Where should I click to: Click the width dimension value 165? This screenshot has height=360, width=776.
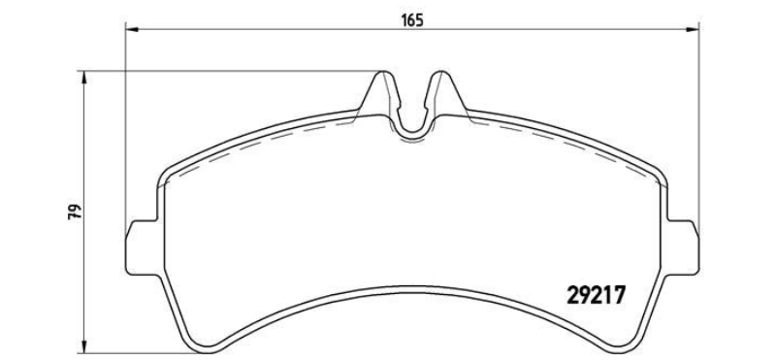click(412, 20)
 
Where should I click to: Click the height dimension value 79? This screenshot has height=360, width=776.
click(76, 212)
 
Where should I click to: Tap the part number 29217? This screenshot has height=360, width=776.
click(596, 296)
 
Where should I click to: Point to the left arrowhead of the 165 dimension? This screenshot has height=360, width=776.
click(132, 30)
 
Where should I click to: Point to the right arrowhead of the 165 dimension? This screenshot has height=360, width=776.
click(693, 30)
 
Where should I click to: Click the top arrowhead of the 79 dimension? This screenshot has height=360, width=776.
click(84, 78)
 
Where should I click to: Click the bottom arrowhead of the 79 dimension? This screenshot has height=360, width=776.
click(84, 347)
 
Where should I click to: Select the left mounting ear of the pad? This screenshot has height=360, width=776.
click(143, 246)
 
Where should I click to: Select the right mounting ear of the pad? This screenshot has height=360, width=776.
click(683, 246)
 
